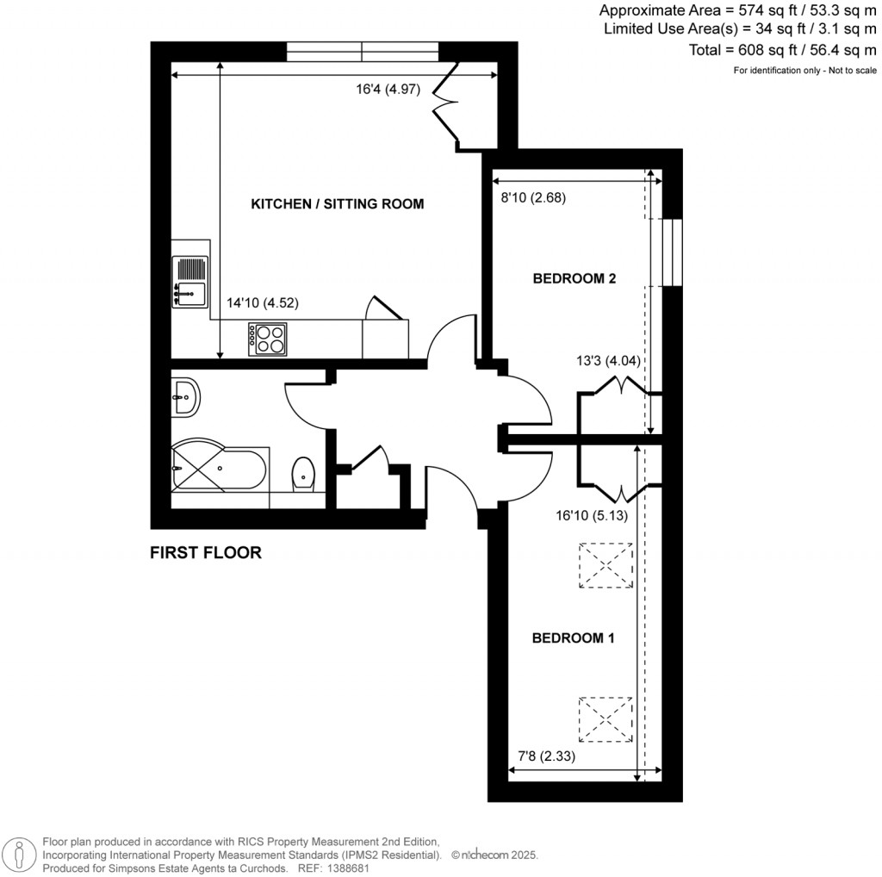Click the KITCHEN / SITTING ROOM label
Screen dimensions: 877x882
coord(337,204)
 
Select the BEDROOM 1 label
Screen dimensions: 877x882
coord(573,638)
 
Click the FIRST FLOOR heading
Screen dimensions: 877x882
coord(205,553)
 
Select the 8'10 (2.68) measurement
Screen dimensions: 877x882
coord(532,197)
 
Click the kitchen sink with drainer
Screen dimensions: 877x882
coord(189,281)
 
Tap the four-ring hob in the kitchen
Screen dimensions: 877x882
coord(268,338)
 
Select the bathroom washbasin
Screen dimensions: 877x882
coord(184,397)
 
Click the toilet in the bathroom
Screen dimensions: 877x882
coord(303,472)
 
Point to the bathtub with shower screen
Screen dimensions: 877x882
coord(220,469)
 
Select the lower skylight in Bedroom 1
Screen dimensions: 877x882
coord(605,718)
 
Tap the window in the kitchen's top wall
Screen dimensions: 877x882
coord(363,52)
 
